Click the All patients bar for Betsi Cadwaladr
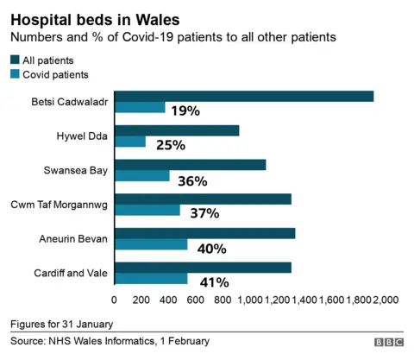(244, 96)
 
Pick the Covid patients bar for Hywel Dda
(130, 142)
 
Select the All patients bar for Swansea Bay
(190, 164)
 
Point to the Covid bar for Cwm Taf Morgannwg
(147, 210)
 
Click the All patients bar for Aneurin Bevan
(204, 233)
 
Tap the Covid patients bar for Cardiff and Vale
(151, 278)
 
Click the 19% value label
(185, 111)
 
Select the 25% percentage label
(171, 145)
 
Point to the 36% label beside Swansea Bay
(192, 180)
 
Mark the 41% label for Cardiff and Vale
(214, 281)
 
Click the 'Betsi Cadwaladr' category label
(69, 102)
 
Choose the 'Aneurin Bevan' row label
(73, 238)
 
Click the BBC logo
(388, 343)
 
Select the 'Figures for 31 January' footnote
(61, 324)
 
